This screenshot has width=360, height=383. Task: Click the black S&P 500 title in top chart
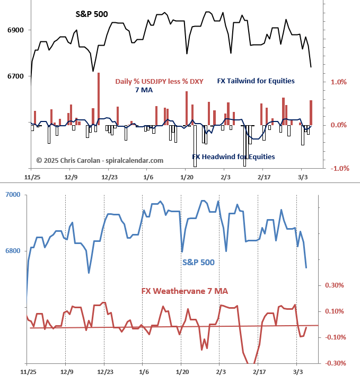coord(91,14)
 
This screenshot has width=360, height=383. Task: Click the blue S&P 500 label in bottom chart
coord(198,262)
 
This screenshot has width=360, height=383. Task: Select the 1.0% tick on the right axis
coord(339,82)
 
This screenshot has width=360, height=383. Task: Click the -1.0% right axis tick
coord(338,169)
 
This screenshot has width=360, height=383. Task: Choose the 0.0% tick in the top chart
coord(338,125)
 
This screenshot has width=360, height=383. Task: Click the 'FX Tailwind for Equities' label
coord(256,81)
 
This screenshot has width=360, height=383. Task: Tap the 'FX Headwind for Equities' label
coord(233,156)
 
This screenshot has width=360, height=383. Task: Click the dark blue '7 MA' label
coord(141,90)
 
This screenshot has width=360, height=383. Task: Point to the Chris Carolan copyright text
coord(100,160)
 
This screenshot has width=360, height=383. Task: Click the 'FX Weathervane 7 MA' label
coord(185,291)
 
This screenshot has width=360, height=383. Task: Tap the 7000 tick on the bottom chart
coord(13,195)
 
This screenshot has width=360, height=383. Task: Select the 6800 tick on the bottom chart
coord(13,250)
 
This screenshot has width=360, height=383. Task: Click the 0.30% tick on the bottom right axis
coord(336,285)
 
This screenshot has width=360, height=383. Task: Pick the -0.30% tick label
coord(335,363)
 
